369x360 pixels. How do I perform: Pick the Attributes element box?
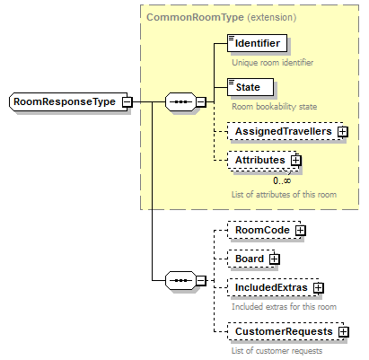(259, 160)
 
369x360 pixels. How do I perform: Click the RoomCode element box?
(260, 231)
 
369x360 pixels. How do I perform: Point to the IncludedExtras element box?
(269, 287)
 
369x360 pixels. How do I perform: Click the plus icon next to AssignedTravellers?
(342, 132)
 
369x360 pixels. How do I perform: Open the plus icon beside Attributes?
(295, 161)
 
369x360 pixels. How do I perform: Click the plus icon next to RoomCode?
(300, 231)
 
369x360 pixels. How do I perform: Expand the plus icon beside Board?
(275, 259)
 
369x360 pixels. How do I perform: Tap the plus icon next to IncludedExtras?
(318, 288)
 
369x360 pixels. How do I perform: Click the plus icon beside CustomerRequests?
(344, 332)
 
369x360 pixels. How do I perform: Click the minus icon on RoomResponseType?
(127, 102)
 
